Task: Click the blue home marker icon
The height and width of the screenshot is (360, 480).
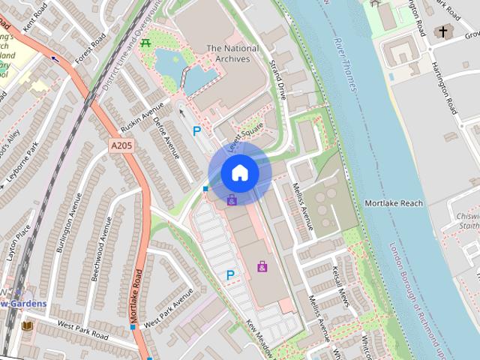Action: (240, 172)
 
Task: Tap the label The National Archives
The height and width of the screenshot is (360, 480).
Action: (232, 53)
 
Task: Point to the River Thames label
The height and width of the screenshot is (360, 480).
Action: (346, 64)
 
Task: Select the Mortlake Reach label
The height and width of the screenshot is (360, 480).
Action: (394, 203)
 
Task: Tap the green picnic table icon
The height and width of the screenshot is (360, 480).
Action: (145, 43)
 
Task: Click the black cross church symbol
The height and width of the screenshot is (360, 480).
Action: (443, 31)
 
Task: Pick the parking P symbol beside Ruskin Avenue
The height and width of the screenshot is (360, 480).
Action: (197, 131)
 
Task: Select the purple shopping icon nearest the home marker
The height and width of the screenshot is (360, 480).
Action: (232, 199)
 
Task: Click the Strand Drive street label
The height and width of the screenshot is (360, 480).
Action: (278, 81)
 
